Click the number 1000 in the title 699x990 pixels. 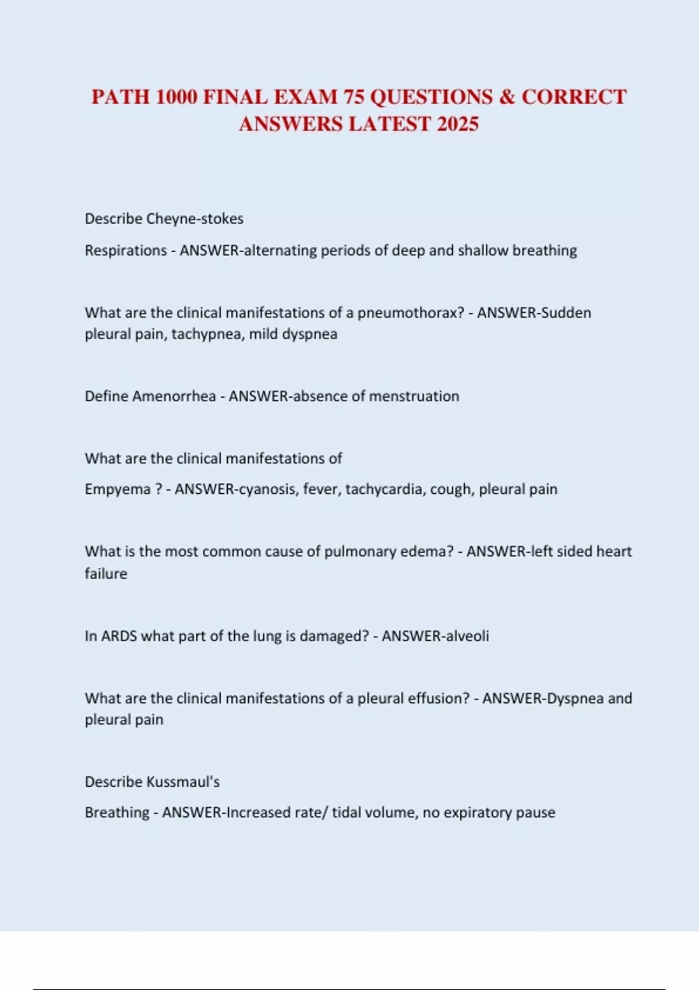click(x=176, y=97)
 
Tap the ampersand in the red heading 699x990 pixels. click(x=507, y=97)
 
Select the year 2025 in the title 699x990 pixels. click(x=457, y=124)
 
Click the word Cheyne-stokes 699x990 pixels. click(x=195, y=219)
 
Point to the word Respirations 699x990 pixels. click(x=126, y=250)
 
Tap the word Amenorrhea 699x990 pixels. click(x=174, y=397)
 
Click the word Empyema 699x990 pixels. click(x=118, y=489)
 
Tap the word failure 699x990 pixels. click(x=105, y=574)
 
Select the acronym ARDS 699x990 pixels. click(x=119, y=636)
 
